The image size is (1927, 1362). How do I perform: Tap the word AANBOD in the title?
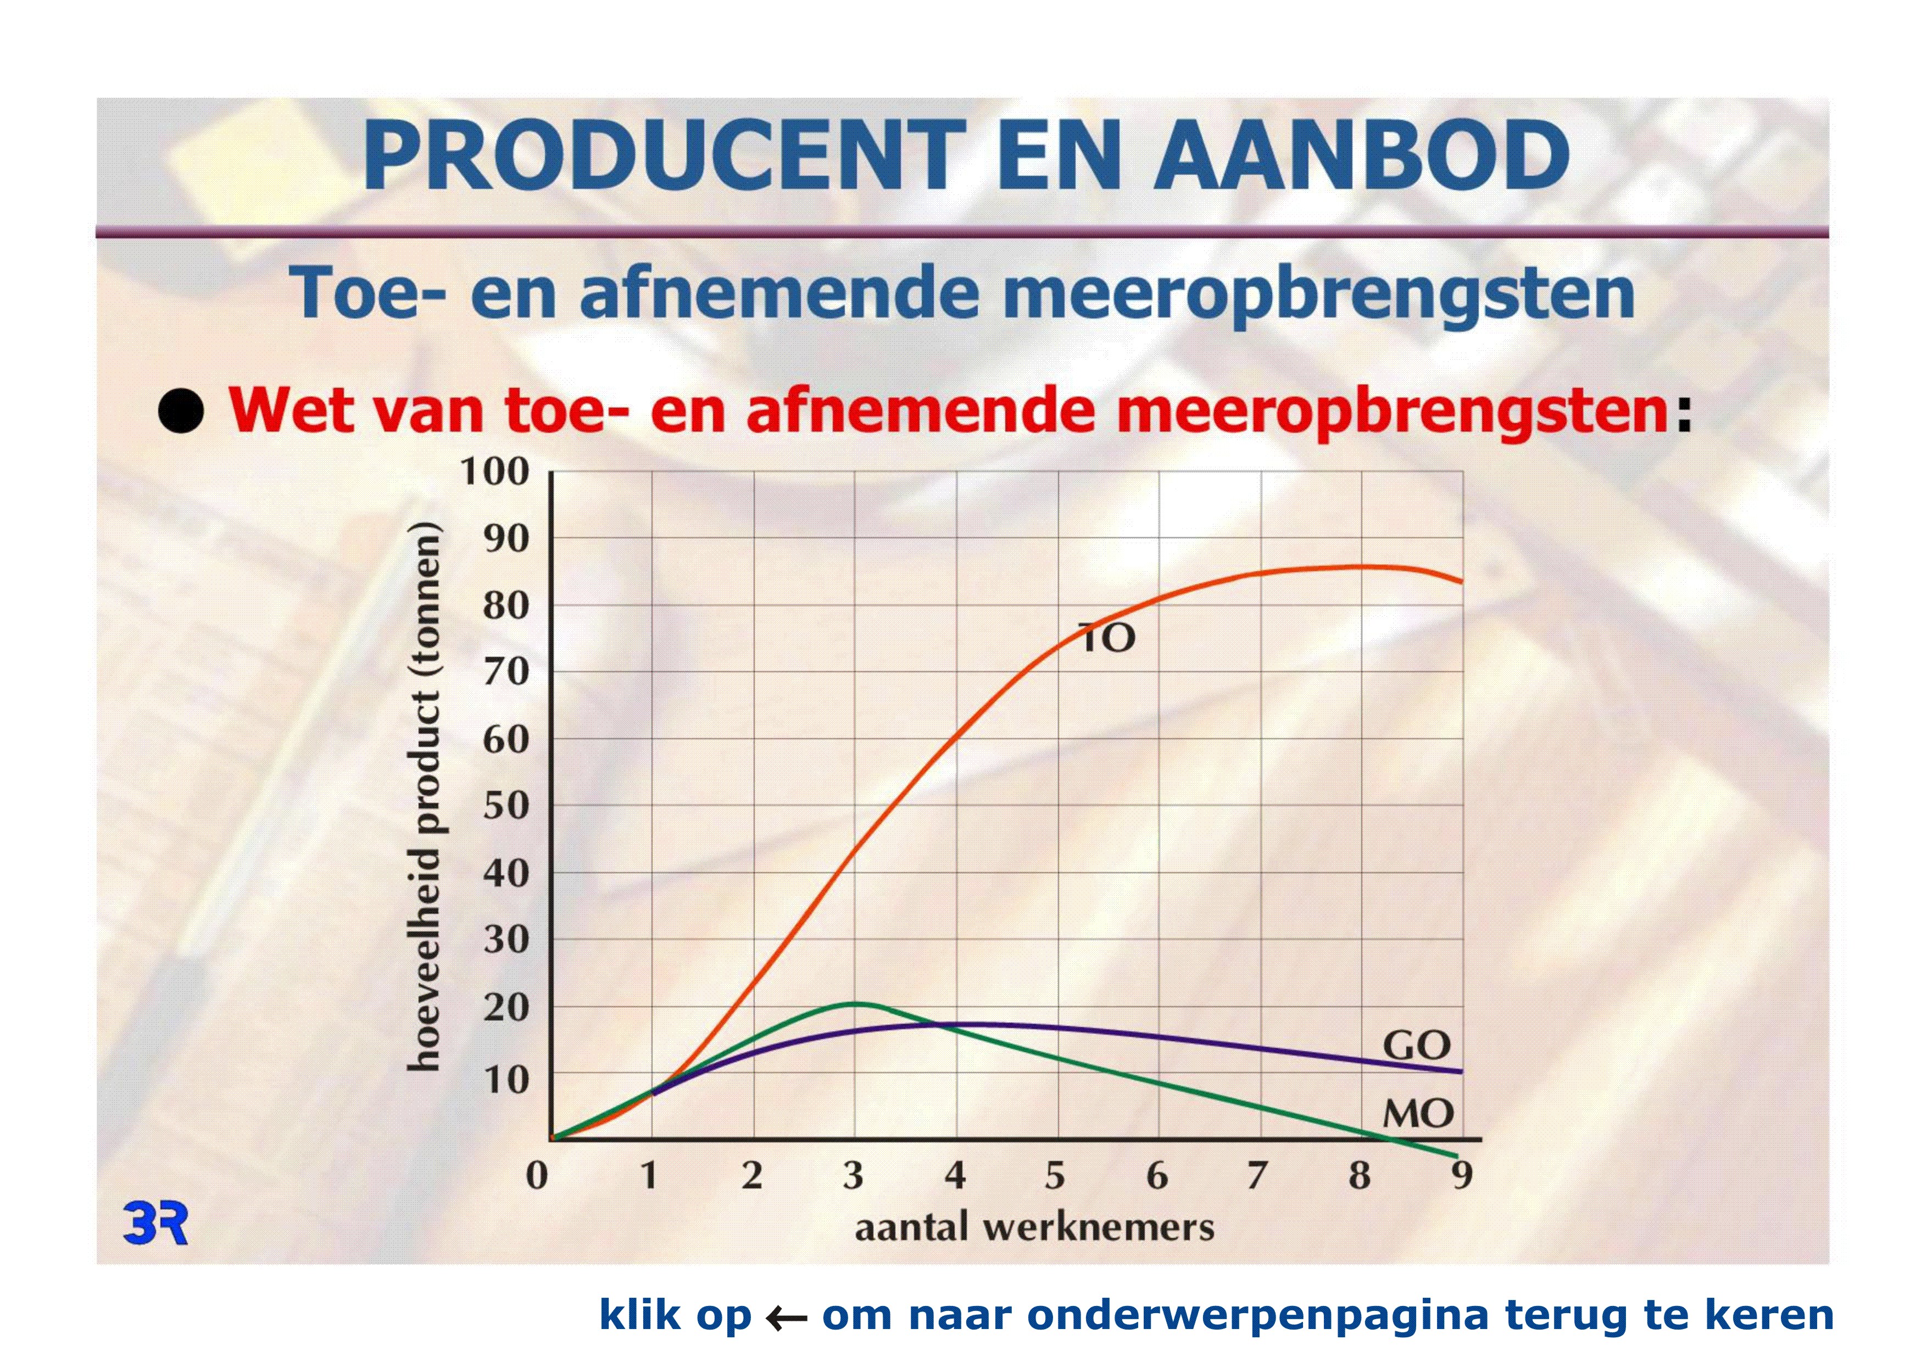point(1361,156)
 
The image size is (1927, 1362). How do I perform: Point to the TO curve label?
point(1106,639)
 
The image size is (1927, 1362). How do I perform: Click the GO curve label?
point(1417,1046)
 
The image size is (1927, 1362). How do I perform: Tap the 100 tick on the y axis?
point(495,472)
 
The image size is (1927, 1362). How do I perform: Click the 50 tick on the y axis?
point(506,806)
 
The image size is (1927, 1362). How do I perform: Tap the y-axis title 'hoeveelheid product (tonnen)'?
point(424,796)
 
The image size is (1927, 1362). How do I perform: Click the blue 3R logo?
point(155,1224)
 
